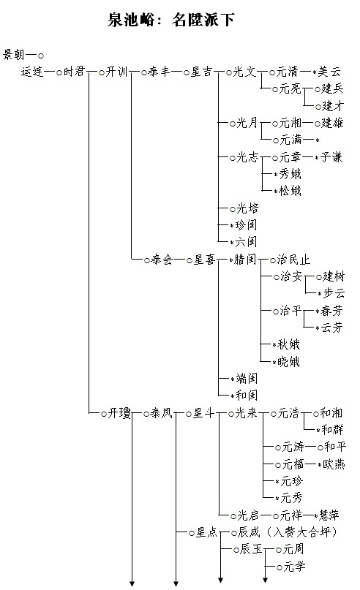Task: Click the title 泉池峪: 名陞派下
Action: tap(171, 19)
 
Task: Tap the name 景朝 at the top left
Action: tap(14, 55)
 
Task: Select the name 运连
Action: tap(32, 72)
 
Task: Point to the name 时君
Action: tap(74, 72)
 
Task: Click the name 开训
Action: tap(117, 72)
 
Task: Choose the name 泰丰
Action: tap(160, 72)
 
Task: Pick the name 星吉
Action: tap(201, 72)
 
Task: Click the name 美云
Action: tap(329, 72)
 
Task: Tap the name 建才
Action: tap(333, 106)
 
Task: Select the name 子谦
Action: tap(331, 157)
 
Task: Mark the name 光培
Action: tap(247, 208)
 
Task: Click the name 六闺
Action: tap(246, 241)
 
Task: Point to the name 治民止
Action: tap(293, 260)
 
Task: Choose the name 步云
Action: tap(334, 292)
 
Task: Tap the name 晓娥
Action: tap(288, 362)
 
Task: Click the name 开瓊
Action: tap(119, 413)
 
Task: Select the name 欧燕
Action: tap(334, 464)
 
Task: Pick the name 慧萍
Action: tap(329, 515)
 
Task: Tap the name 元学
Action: tap(294, 567)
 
